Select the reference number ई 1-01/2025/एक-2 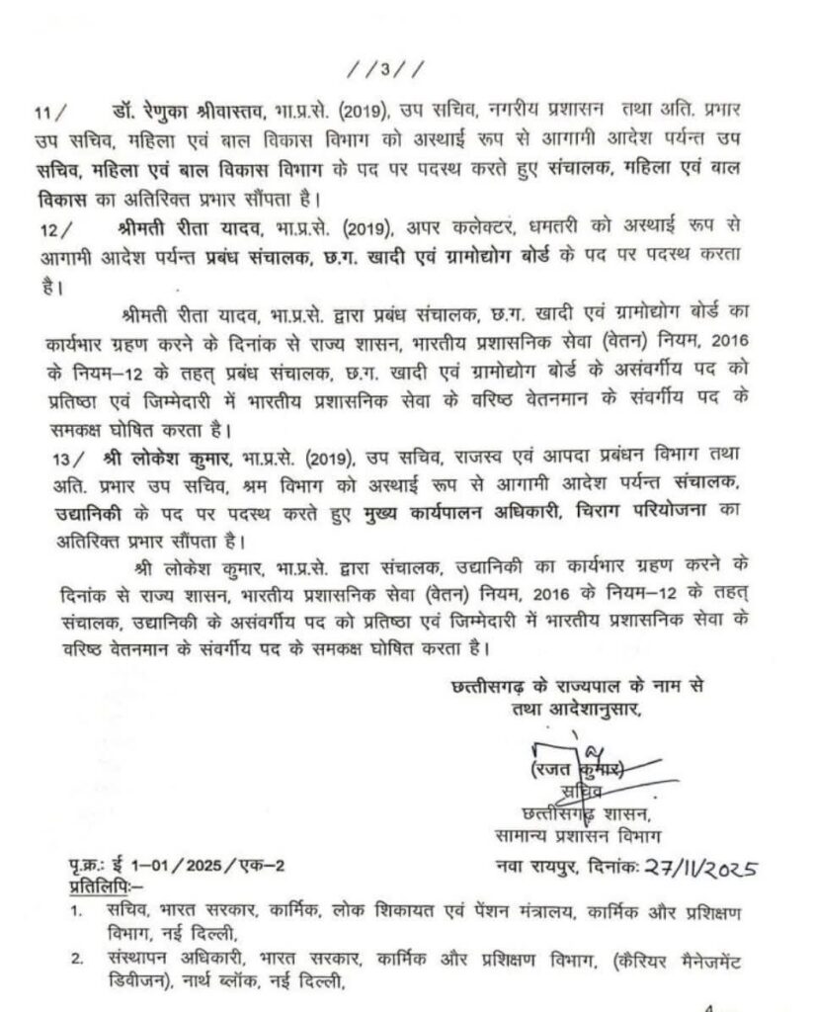click(x=200, y=867)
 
